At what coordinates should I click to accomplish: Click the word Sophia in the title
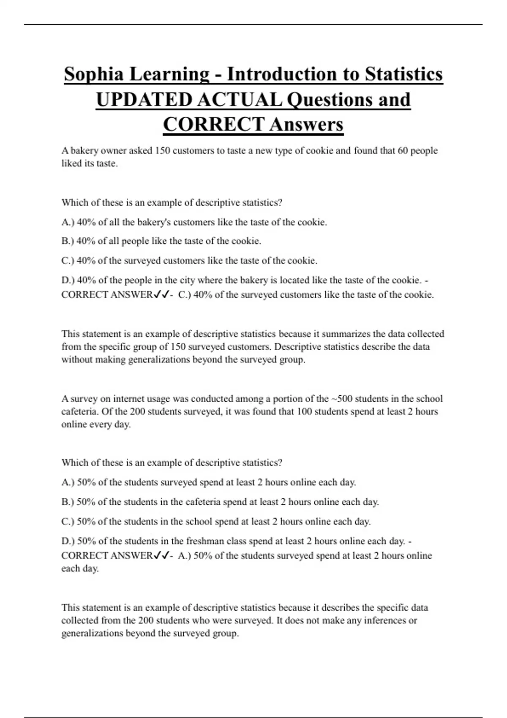pos(94,74)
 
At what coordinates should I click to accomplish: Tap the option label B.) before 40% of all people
pos(68,241)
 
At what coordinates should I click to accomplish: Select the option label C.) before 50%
pos(68,522)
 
